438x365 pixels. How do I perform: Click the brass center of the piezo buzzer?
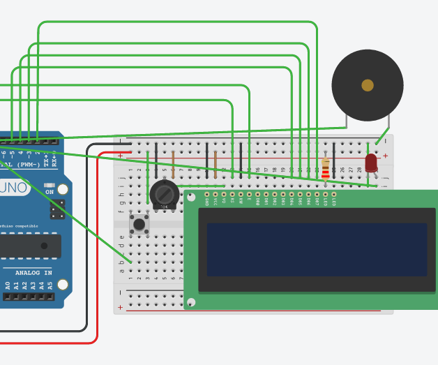pyautogui.click(x=368, y=85)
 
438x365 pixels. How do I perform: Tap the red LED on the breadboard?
pyautogui.click(x=371, y=163)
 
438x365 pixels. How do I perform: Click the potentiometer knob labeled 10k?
pyautogui.click(x=164, y=193)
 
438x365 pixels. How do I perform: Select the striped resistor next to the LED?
pyautogui.click(x=326, y=167)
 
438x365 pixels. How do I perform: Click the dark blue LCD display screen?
pyautogui.click(x=316, y=249)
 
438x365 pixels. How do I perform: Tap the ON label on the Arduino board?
pyautogui.click(x=50, y=191)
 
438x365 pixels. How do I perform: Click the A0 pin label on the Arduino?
pyautogui.click(x=8, y=285)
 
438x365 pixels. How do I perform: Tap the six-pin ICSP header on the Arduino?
pyautogui.click(x=57, y=208)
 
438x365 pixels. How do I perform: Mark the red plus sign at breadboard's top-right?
pyautogui.click(x=385, y=156)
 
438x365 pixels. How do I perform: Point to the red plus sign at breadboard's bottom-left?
pyautogui.click(x=120, y=307)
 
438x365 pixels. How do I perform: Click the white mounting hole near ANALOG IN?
pyautogui.click(x=63, y=285)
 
